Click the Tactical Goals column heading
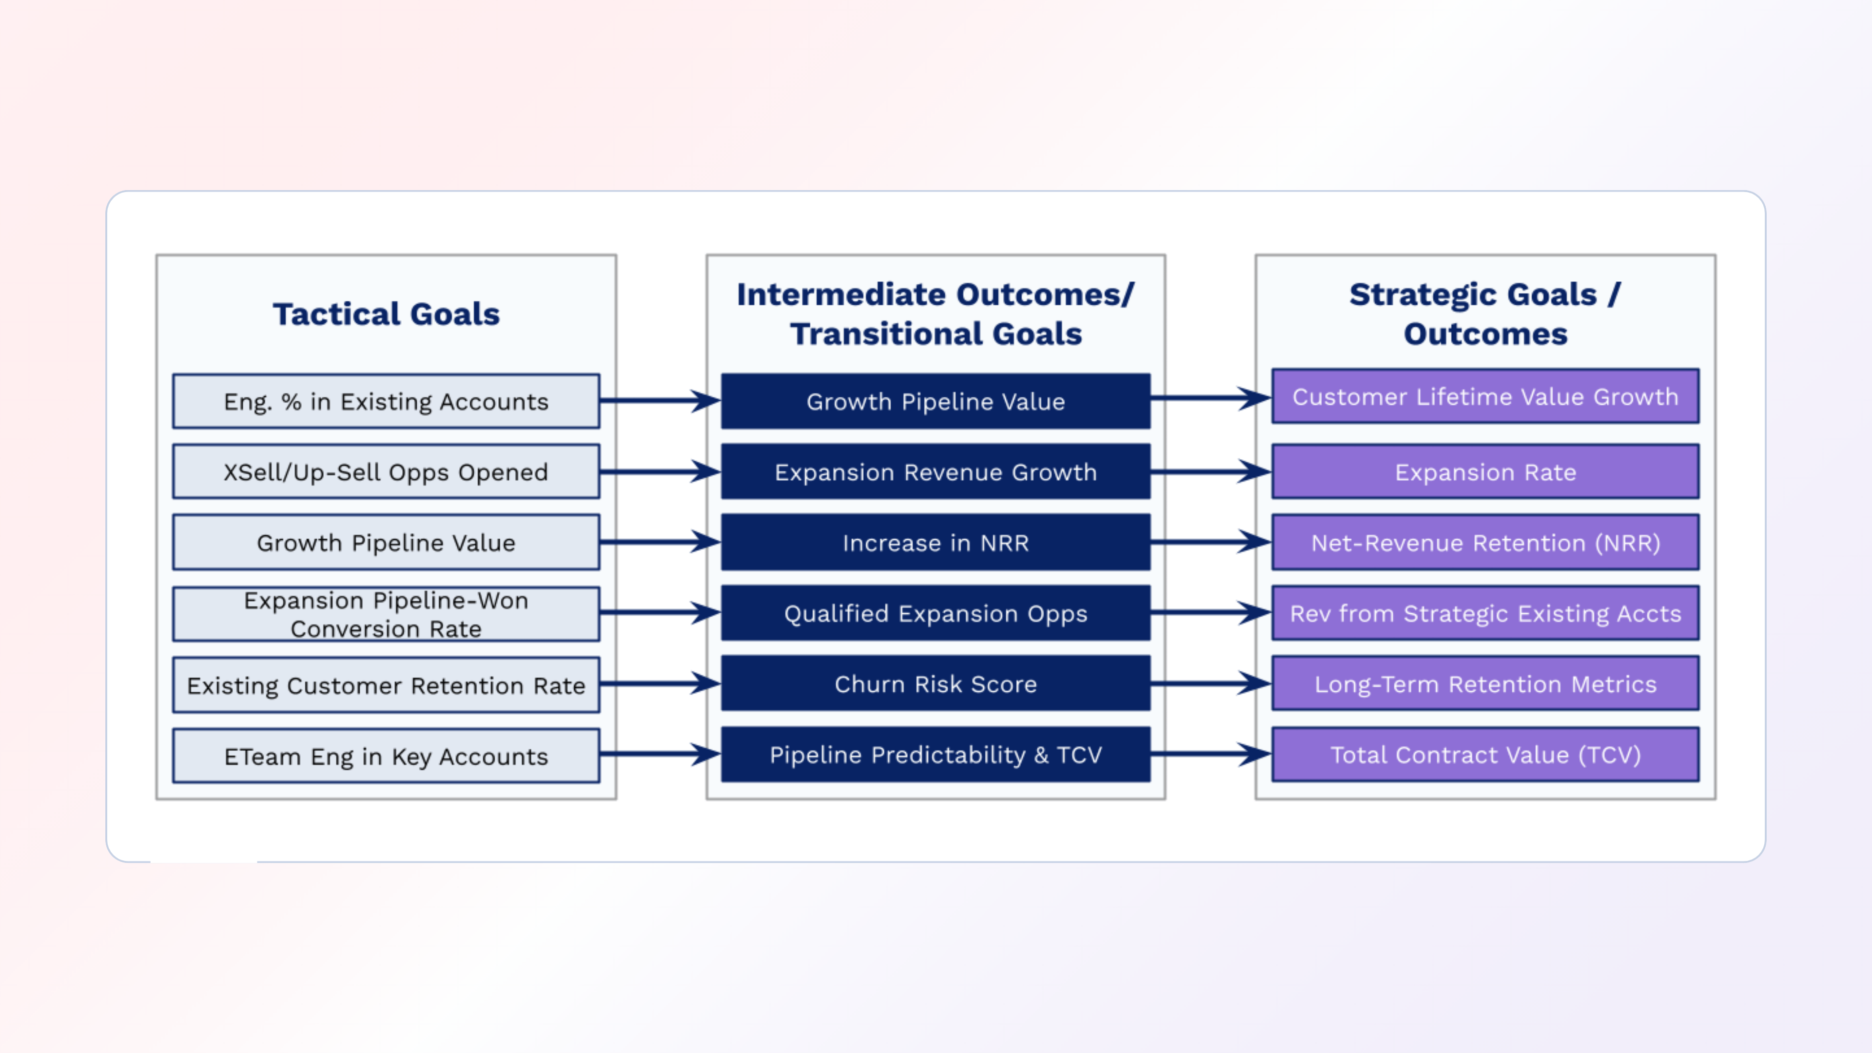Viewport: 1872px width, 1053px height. [386, 314]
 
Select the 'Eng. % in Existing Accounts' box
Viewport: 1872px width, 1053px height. [386, 401]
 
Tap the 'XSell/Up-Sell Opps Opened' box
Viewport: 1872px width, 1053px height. [386, 471]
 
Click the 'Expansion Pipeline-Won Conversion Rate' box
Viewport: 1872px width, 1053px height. [386, 614]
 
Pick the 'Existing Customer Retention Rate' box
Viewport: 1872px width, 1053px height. [386, 685]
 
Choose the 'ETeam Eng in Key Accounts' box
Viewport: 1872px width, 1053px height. [386, 756]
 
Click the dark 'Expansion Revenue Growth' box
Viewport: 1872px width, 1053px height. [936, 471]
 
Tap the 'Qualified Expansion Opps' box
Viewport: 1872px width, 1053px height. [936, 613]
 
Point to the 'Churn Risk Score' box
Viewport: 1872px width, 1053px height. [936, 684]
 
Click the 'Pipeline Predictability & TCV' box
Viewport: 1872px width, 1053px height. [936, 754]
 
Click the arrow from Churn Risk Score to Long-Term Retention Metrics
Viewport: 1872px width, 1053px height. [1210, 683]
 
